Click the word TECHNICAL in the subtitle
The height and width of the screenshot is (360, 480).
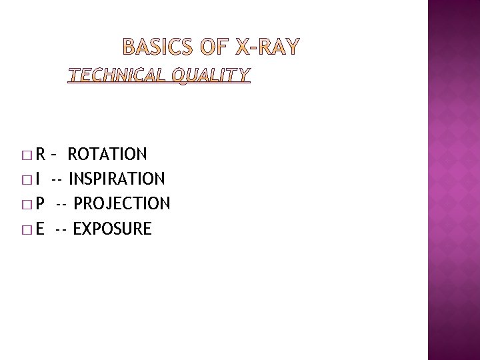(x=117, y=75)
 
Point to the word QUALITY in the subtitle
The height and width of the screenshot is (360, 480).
(x=211, y=75)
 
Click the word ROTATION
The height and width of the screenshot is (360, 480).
(x=107, y=155)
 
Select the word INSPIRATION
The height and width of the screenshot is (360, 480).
(x=117, y=179)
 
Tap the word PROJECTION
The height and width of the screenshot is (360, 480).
(x=122, y=203)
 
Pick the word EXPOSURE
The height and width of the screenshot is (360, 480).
(x=112, y=229)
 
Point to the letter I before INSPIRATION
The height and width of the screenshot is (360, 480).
(x=37, y=179)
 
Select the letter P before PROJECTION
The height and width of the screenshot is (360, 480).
(x=40, y=203)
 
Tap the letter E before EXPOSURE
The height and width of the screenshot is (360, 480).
(x=40, y=229)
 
